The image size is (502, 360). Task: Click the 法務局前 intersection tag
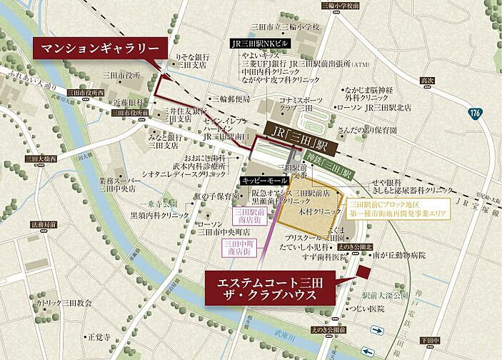pos(43,224)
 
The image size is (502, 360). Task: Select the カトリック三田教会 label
pos(66,303)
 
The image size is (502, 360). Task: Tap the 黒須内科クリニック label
pos(159,214)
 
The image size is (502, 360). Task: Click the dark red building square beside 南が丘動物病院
pos(365,273)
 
